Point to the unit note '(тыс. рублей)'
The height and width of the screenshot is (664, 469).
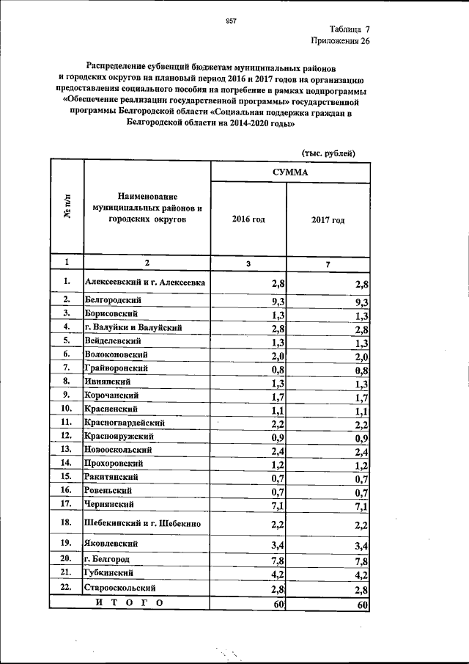(328, 153)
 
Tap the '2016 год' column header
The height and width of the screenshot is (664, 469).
(248, 219)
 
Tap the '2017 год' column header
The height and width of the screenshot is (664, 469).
(328, 220)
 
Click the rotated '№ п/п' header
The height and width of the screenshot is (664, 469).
(67, 209)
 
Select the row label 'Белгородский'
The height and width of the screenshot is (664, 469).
(114, 300)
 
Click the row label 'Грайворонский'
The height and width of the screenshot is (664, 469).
(117, 368)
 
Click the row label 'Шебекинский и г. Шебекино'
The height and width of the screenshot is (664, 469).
(147, 522)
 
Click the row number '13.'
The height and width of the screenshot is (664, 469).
(66, 449)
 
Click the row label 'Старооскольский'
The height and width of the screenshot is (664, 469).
(122, 588)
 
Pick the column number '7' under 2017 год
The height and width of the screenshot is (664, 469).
(328, 263)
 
